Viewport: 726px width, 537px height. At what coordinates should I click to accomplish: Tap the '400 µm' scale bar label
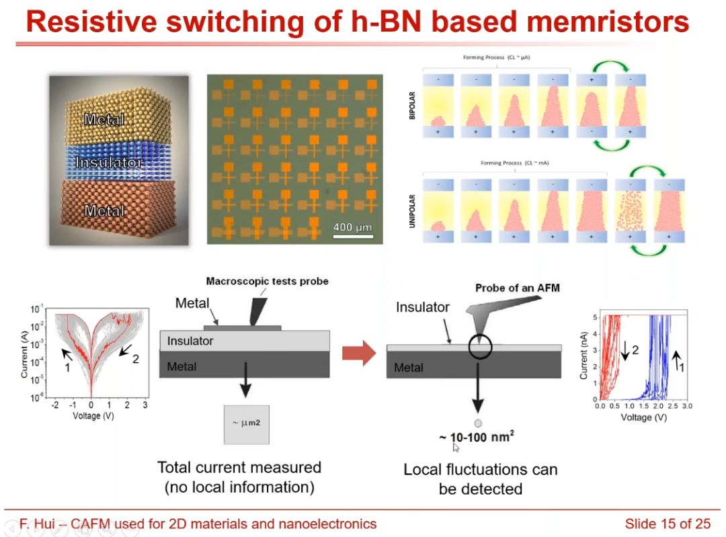[x=352, y=227]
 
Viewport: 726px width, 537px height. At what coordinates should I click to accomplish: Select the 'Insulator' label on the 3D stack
[x=109, y=163]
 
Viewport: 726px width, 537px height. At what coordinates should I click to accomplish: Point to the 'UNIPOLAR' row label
[x=413, y=210]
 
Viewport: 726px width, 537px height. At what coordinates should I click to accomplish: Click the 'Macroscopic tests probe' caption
[x=267, y=281]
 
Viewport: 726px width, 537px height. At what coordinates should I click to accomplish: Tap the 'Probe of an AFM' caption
[x=517, y=288]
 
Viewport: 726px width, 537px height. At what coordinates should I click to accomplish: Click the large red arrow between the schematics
[x=358, y=353]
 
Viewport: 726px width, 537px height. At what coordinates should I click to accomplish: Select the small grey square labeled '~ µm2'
[x=246, y=424]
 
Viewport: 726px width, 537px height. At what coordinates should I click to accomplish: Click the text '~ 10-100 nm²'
[x=477, y=438]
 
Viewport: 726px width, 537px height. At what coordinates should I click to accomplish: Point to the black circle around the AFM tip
[x=481, y=346]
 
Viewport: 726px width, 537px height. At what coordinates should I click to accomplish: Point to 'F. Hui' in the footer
[x=33, y=524]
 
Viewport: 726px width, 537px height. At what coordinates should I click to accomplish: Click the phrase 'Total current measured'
[x=239, y=467]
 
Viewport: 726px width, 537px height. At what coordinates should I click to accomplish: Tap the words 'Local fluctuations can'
[x=480, y=469]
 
